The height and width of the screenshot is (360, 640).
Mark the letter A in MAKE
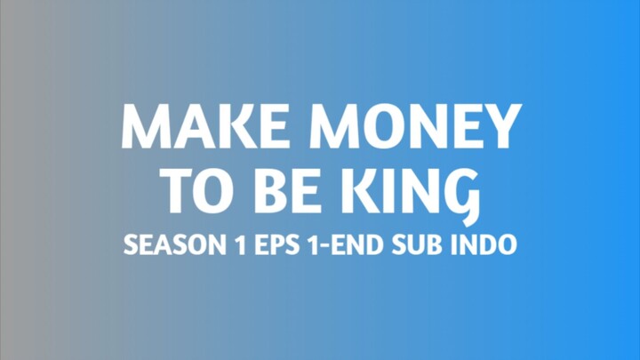pyautogui.click(x=186, y=127)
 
